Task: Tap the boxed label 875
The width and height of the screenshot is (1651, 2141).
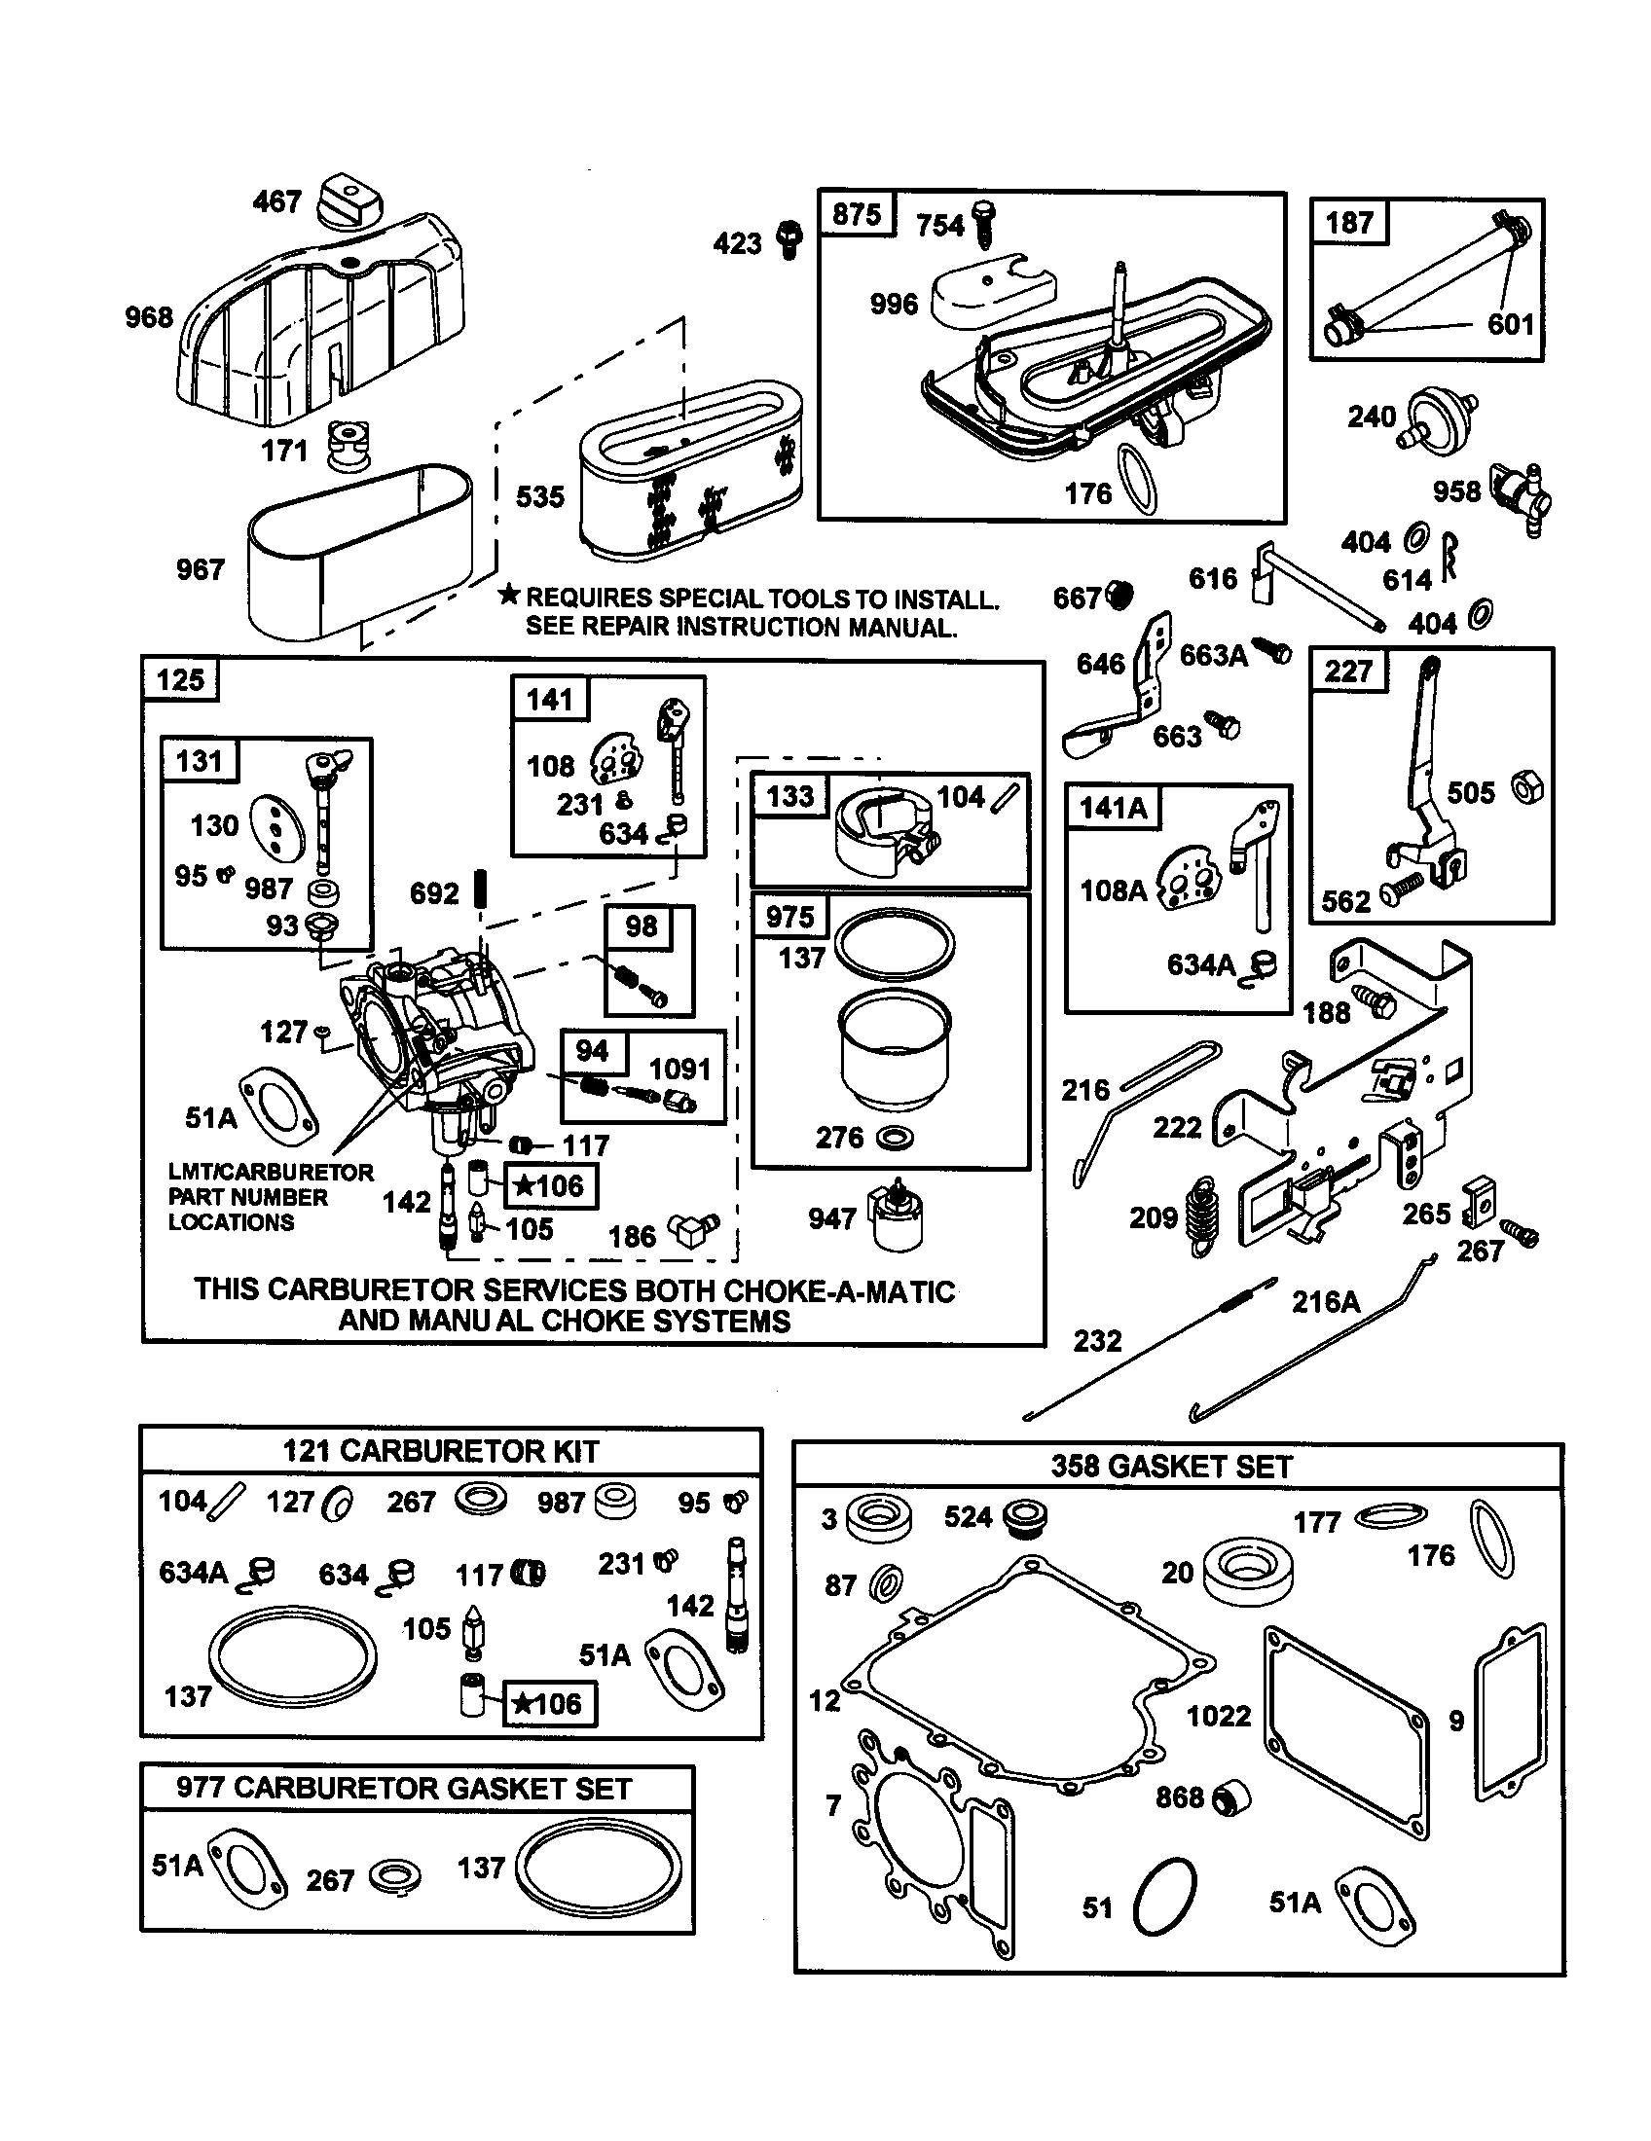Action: [856, 215]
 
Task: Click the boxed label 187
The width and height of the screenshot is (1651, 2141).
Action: [1348, 223]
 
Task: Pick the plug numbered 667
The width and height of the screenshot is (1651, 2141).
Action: [1119, 594]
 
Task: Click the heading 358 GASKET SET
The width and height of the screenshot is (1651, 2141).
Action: [1172, 1467]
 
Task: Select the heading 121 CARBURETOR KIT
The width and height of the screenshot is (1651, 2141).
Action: [440, 1451]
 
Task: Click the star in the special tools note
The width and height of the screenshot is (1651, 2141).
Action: [508, 594]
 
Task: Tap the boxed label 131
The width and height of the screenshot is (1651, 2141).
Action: [199, 761]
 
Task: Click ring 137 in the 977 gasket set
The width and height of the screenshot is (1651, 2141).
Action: [598, 1871]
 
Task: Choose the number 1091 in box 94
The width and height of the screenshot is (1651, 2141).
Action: [679, 1068]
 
